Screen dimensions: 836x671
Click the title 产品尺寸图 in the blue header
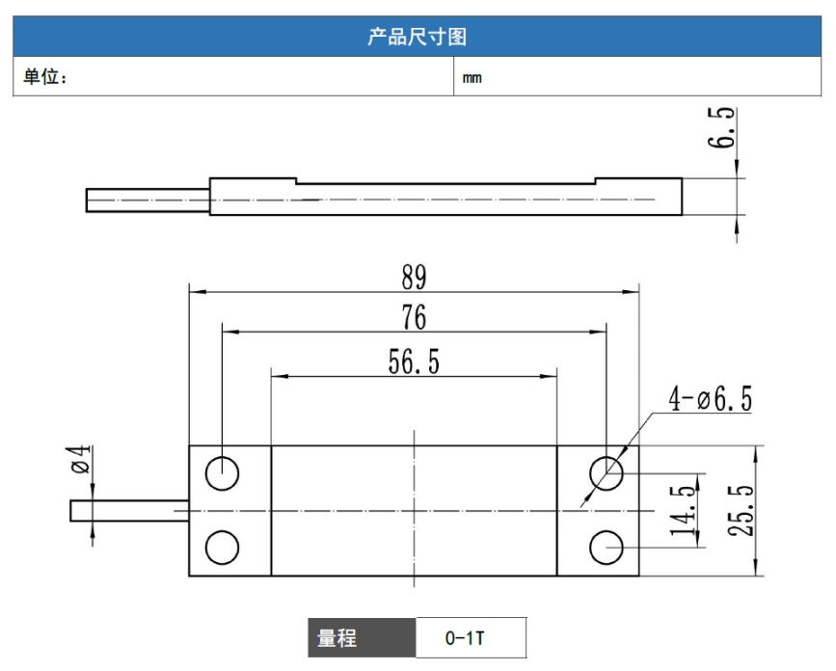point(417,37)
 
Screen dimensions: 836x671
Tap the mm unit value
point(472,78)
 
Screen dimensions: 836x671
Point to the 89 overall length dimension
point(414,278)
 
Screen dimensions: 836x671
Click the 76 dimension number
point(414,317)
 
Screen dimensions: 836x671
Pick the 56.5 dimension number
point(414,362)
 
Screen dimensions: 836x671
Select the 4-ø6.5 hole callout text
point(711,399)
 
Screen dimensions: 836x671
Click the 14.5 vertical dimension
point(683,510)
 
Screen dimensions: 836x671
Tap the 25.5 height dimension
point(742,510)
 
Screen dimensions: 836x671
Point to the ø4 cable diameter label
point(81,460)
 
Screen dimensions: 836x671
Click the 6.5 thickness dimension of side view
point(721,127)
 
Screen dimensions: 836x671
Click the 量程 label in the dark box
point(337,638)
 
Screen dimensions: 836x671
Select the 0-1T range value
point(465,638)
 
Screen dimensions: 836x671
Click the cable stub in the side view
point(148,200)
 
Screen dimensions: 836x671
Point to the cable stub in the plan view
point(129,511)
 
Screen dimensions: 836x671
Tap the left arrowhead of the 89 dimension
point(198,291)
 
